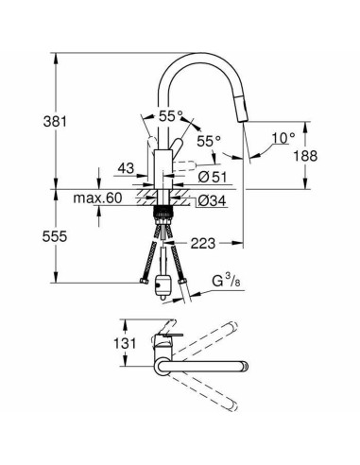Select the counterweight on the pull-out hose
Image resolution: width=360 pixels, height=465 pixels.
pos(167,284)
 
